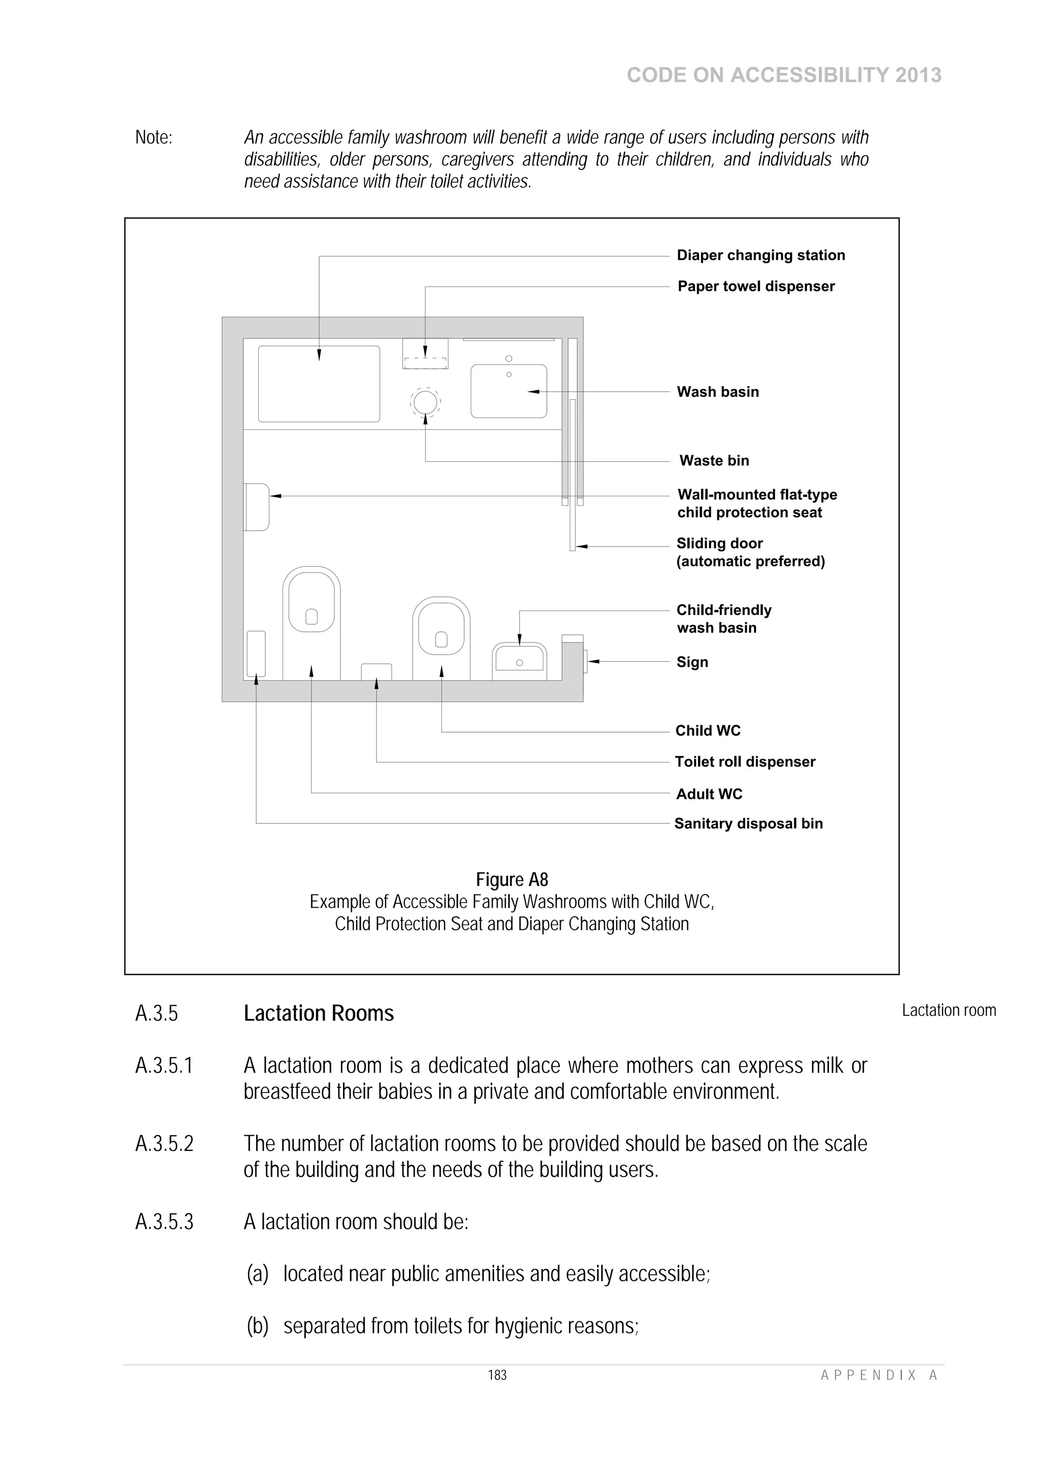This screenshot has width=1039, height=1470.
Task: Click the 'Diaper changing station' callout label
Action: click(x=760, y=255)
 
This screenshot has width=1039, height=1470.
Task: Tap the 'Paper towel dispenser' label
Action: click(x=756, y=286)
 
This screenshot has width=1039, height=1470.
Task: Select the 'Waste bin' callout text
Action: click(x=714, y=460)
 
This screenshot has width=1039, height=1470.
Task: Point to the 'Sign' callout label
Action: click(x=692, y=662)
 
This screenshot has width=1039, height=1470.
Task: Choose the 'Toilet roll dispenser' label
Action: click(x=745, y=762)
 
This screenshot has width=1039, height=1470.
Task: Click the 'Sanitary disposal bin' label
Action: click(x=748, y=824)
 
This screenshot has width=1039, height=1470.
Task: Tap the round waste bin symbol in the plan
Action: click(x=425, y=402)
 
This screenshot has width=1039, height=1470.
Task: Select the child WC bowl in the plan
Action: click(x=441, y=630)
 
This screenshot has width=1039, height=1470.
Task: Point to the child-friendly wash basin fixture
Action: click(x=519, y=660)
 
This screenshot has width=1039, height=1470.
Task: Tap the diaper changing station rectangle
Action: click(x=319, y=384)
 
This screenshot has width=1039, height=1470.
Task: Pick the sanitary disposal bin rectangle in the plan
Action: click(x=256, y=654)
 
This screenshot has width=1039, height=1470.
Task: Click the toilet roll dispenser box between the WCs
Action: click(x=376, y=672)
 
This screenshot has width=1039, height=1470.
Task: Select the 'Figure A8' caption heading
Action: click(x=511, y=880)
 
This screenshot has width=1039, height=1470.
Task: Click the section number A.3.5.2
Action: click(x=164, y=1144)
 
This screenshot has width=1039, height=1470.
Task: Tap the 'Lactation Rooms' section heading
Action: click(x=318, y=1013)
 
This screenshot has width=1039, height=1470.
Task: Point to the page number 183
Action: click(x=497, y=1375)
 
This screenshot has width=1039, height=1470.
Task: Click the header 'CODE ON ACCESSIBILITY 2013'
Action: click(x=784, y=75)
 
